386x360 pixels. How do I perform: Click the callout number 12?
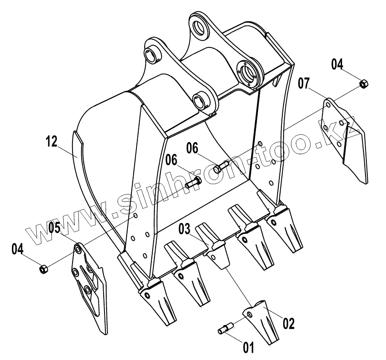pos(52,142)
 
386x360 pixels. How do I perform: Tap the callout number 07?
pos(304,83)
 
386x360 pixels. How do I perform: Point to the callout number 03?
pos(184,229)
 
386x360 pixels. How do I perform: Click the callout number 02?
pos(289,323)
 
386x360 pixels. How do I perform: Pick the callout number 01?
pos(248,348)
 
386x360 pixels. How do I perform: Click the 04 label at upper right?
pos(337,64)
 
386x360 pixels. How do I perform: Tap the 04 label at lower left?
pos(17,249)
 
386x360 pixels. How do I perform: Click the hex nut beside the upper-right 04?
pos(364,84)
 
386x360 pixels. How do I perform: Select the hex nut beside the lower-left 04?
pos(44,270)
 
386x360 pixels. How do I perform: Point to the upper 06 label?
pos(192,148)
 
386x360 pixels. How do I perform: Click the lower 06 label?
pos(172,160)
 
